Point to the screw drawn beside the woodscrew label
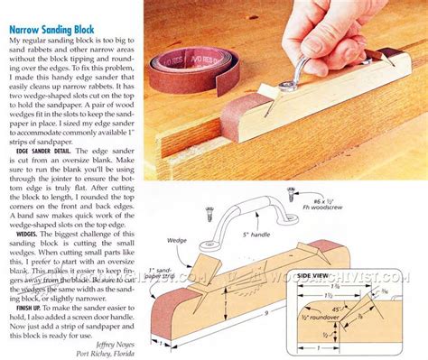(292, 192)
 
